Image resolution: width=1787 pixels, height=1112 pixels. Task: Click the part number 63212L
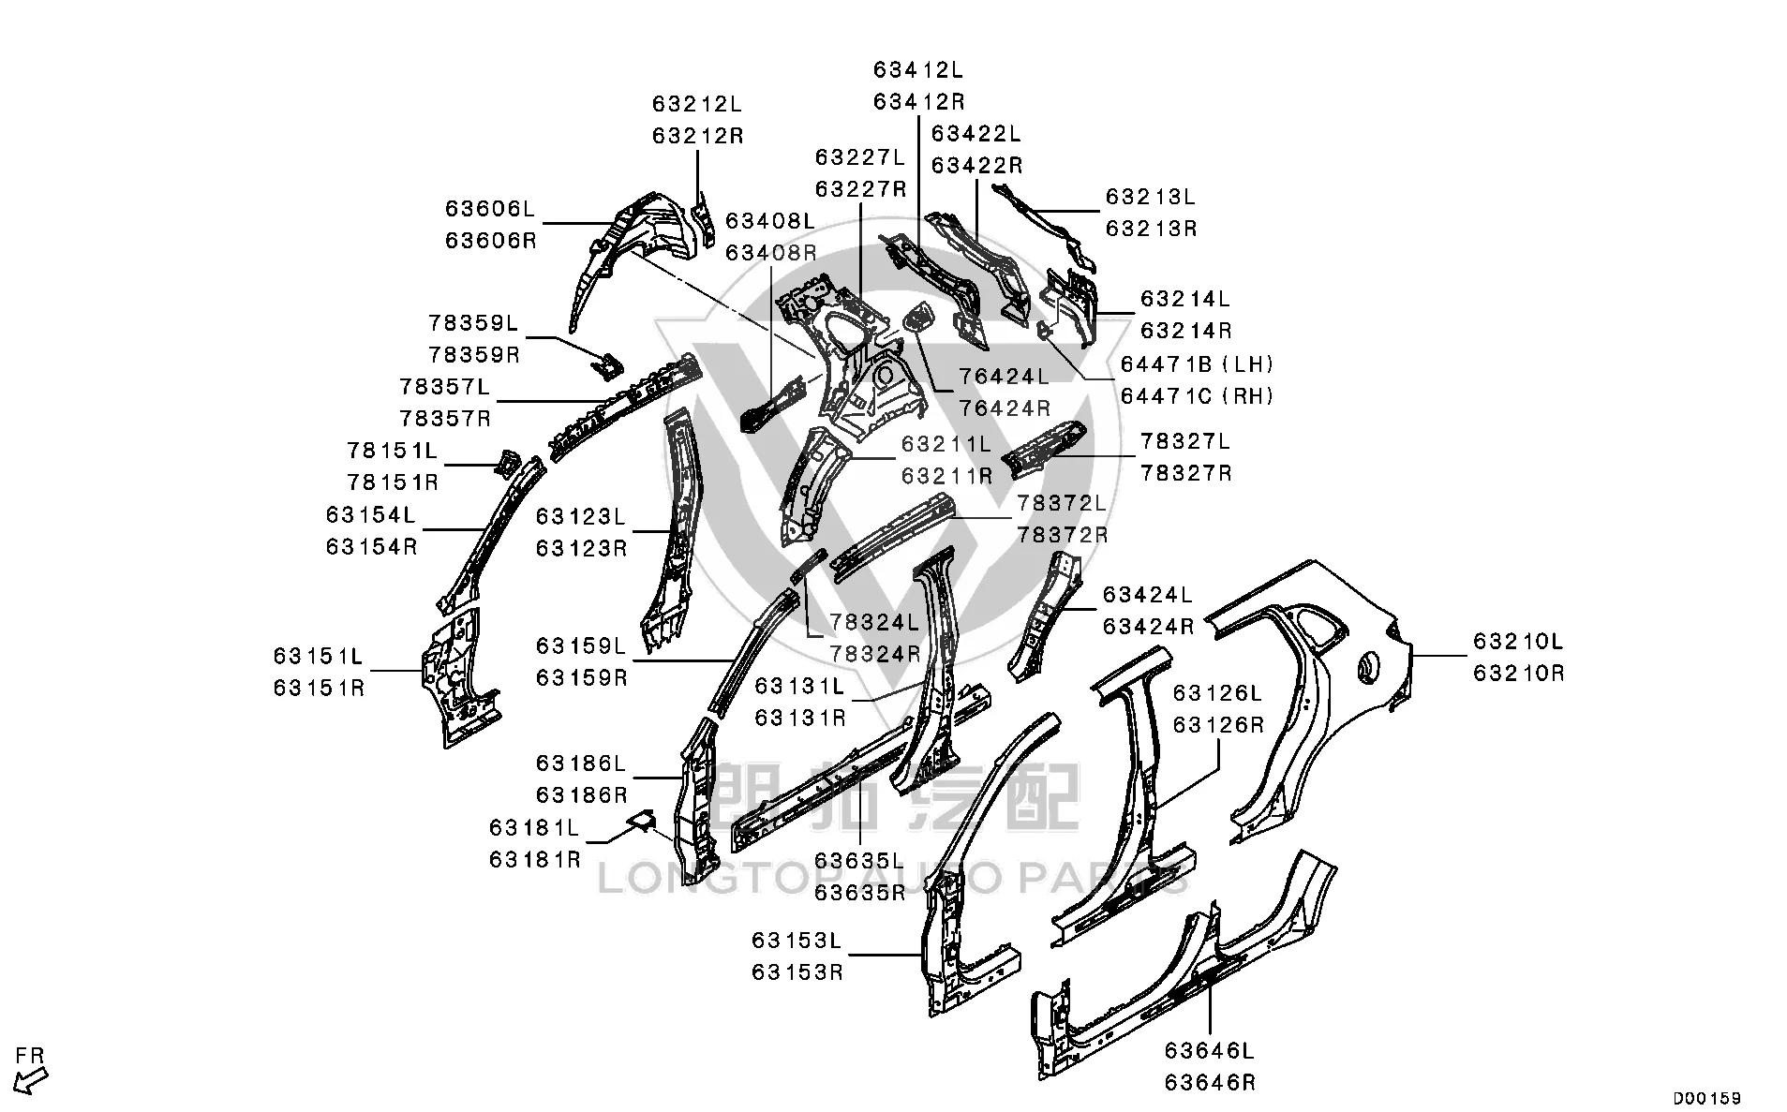click(697, 104)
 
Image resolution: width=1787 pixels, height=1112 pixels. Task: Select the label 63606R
click(491, 241)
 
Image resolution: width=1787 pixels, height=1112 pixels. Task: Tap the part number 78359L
click(473, 323)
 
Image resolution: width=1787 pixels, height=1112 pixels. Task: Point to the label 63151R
click(319, 688)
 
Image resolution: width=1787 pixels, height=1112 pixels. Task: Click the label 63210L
click(1519, 642)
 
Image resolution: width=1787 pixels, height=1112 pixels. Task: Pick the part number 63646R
click(1210, 1083)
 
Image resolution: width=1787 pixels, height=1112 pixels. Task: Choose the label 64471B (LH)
click(1198, 364)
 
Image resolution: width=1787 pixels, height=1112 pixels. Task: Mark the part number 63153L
click(797, 940)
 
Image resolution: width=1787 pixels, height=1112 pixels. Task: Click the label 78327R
click(1185, 473)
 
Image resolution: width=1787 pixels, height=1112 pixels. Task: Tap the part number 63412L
click(918, 70)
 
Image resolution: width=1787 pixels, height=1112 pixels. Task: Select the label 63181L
click(534, 828)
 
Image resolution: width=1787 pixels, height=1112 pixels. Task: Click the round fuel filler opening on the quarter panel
click(1369, 666)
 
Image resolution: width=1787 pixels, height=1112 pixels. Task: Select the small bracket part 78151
click(506, 462)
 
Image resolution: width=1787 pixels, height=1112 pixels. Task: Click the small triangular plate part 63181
click(643, 821)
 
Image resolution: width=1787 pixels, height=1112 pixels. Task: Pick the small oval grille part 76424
click(917, 318)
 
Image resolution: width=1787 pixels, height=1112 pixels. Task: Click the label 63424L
click(1148, 595)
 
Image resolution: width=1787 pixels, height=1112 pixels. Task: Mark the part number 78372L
click(1063, 503)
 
